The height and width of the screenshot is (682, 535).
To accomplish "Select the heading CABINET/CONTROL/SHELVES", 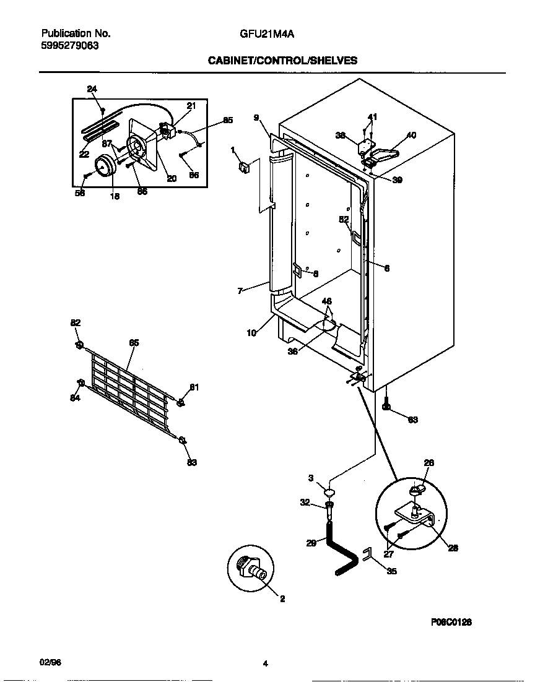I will [x=282, y=61].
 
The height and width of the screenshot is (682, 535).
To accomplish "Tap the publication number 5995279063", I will [x=69, y=45].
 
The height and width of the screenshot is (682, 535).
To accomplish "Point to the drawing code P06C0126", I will [x=451, y=622].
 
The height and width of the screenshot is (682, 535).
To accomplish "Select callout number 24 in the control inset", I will [x=92, y=90].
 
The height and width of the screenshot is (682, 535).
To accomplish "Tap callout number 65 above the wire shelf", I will [x=134, y=342].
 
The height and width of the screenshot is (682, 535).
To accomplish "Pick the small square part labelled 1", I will [x=243, y=166].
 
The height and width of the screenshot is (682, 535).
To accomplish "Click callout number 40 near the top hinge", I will [x=411, y=135].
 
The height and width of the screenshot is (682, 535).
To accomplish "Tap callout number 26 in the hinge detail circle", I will [x=429, y=462].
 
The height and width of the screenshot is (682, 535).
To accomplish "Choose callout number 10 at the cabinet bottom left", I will [x=251, y=333].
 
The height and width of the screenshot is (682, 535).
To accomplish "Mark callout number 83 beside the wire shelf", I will [x=192, y=462].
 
